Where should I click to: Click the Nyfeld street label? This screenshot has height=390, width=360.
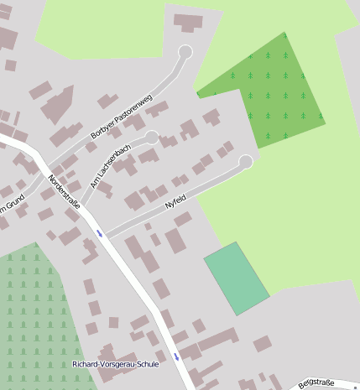tap(175, 202)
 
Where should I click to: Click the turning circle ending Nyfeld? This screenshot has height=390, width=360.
tap(246, 162)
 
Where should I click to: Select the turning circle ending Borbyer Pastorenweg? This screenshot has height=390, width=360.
tap(185, 52)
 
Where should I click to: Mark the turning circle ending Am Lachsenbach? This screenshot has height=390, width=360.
tap(152, 136)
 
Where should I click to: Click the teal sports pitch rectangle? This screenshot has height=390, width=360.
tap(237, 278)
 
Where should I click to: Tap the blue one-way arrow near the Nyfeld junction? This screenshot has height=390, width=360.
tap(100, 233)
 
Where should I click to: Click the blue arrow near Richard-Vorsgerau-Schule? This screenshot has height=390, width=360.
tap(176, 356)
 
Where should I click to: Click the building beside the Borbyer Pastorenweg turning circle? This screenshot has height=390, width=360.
tap(188, 23)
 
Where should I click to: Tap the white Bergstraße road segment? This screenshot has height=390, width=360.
tap(336, 383)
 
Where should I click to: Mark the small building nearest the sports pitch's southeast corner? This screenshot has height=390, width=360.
tap(263, 343)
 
